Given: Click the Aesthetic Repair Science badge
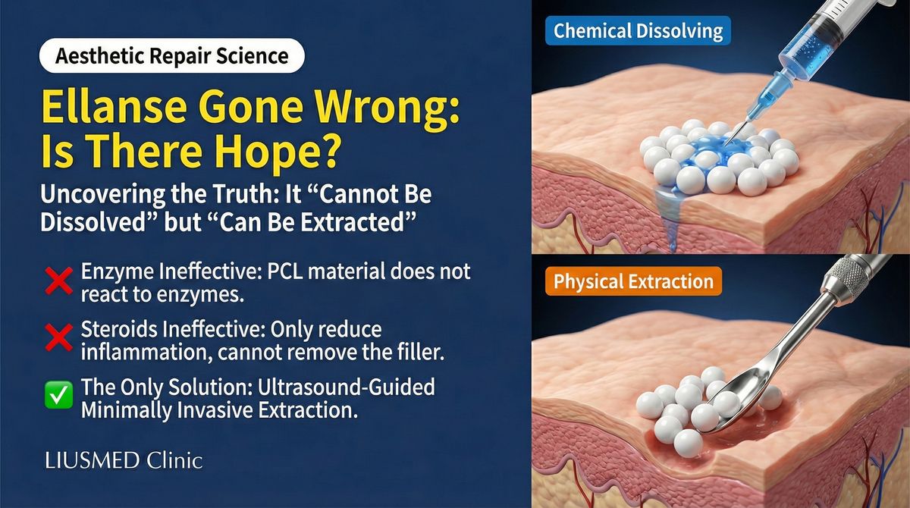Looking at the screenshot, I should tap(171, 56).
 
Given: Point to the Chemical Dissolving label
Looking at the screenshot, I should tap(638, 31).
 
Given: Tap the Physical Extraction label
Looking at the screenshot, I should tap(633, 282).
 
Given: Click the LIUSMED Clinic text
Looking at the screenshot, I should tap(123, 460).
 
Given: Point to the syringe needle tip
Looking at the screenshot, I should tap(727, 144).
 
